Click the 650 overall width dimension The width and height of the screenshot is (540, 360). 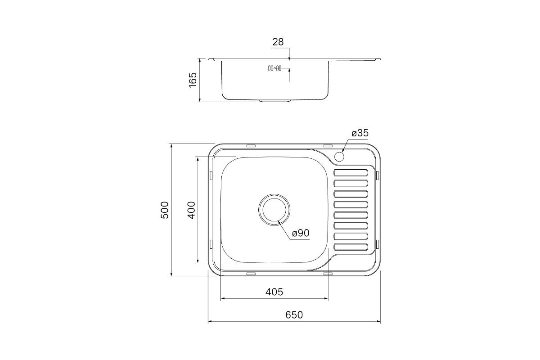click(294, 315)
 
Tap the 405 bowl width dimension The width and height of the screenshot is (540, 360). click(274, 292)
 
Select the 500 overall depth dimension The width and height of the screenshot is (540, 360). click(165, 210)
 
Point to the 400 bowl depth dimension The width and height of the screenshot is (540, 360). click(191, 210)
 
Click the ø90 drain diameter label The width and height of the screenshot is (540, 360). click(301, 233)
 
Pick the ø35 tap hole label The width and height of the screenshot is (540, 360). click(360, 133)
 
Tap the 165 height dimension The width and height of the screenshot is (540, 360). click(193, 80)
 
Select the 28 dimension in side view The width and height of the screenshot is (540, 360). click(278, 42)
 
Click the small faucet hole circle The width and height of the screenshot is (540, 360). click(339, 157)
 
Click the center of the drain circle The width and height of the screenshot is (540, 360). click(274, 210)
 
